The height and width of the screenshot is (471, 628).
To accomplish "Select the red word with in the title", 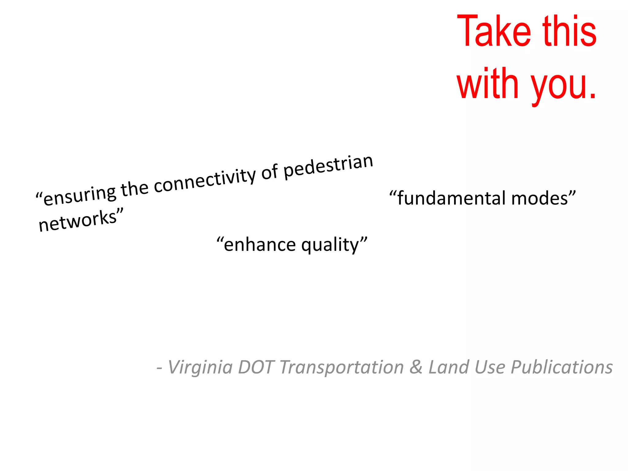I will [x=488, y=83].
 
